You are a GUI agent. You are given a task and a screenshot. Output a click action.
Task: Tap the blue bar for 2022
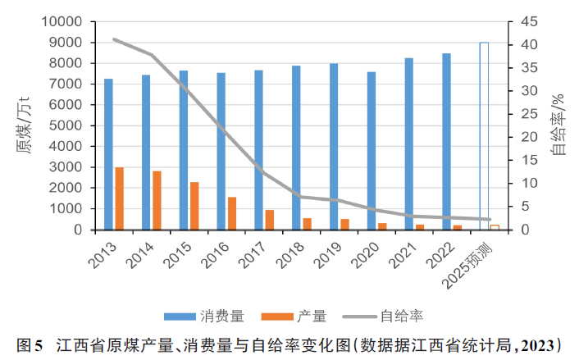(x=446, y=141)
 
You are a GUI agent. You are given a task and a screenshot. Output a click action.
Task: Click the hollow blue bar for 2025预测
(x=484, y=136)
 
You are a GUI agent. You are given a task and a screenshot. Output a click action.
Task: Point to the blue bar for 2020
(x=372, y=151)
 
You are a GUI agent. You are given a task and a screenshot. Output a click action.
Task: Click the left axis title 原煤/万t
(x=22, y=127)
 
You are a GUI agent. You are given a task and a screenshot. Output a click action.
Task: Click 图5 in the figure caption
(x=29, y=344)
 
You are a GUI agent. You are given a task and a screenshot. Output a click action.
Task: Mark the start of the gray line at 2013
(x=114, y=39)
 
